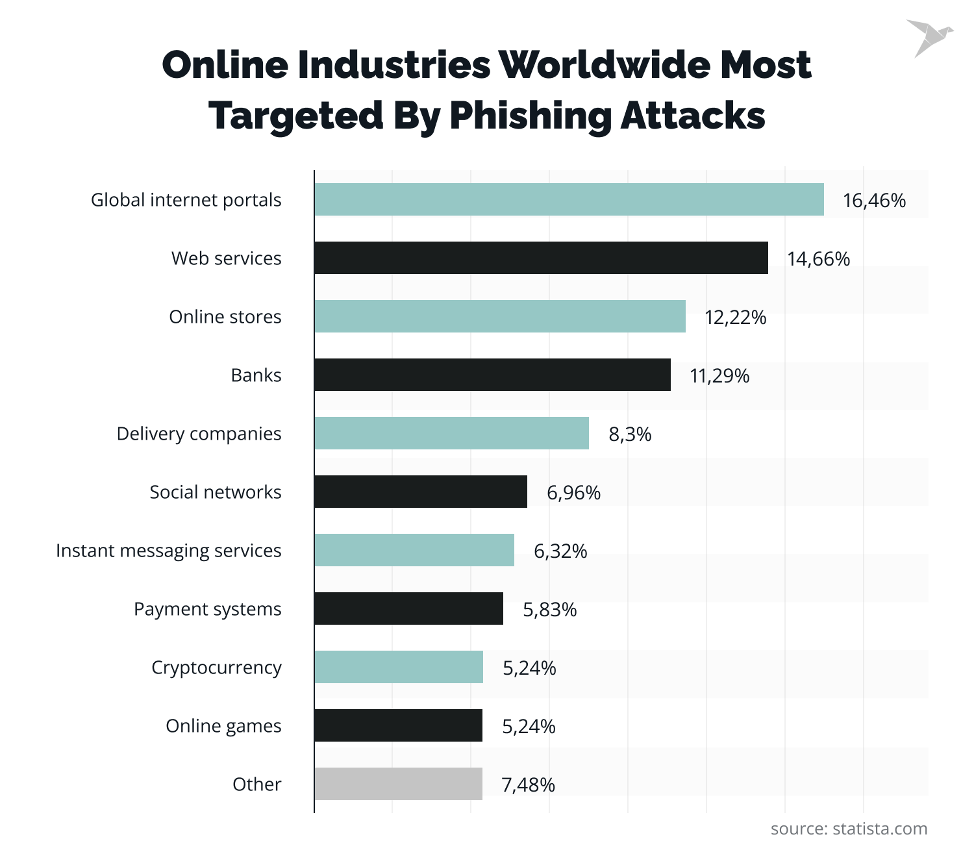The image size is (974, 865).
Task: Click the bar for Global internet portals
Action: pos(569,199)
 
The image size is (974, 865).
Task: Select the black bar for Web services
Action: pos(541,258)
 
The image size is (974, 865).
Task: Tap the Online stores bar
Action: pos(500,316)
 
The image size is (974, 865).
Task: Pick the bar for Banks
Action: pos(492,375)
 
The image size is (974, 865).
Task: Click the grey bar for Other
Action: pos(398,784)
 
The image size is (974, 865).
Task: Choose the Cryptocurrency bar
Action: pos(399,667)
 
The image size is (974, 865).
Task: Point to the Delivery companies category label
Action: pos(199,434)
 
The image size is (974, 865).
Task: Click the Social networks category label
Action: pos(216,492)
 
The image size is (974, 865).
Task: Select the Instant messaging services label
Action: pos(169,551)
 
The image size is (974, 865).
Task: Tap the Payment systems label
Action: pos(208,609)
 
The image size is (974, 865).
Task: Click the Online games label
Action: pos(223,726)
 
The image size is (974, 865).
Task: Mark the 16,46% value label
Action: pos(874,201)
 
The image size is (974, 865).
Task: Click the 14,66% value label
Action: pos(818,259)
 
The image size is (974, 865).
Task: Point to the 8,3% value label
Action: pos(630,434)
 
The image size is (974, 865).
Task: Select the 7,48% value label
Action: pos(528,785)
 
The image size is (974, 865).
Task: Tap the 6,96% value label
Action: pos(573,493)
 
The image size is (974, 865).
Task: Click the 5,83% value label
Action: pos(549,610)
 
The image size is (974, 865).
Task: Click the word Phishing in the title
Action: pos(530,117)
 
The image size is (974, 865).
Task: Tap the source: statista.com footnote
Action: pos(849,829)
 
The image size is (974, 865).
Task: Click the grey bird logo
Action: pos(929,38)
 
